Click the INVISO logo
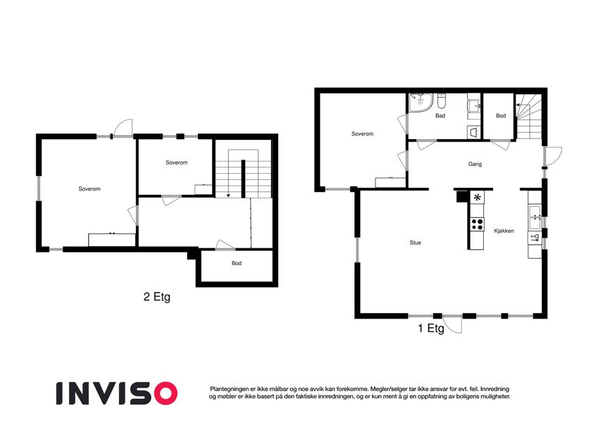click(x=117, y=393)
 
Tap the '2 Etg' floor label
click(x=157, y=297)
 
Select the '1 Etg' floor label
click(x=431, y=328)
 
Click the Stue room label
click(x=416, y=243)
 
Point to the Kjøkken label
click(x=504, y=231)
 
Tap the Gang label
click(x=475, y=164)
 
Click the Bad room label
click(x=440, y=116)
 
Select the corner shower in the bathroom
click(x=421, y=103)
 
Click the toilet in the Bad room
click(x=442, y=101)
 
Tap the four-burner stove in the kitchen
click(x=477, y=224)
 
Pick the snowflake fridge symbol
click(x=477, y=198)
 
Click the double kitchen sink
click(x=535, y=217)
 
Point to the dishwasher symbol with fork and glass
click(x=535, y=238)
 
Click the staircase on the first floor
click(x=529, y=117)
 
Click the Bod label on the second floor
click(x=237, y=263)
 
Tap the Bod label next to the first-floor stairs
click(x=501, y=116)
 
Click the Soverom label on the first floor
click(x=362, y=134)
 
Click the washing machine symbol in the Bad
click(x=473, y=132)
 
